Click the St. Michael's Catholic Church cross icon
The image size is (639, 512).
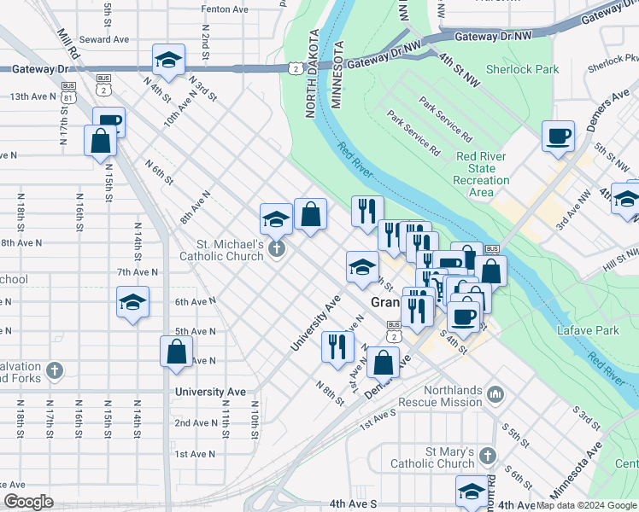(275, 249)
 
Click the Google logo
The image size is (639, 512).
(29, 501)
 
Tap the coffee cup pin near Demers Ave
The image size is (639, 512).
(558, 137)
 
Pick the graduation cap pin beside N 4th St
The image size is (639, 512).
(168, 61)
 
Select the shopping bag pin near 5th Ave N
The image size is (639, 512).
(176, 352)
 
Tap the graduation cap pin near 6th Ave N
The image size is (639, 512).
(132, 304)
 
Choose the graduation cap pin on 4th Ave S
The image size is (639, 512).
(471, 492)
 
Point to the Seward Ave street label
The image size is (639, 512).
(104, 39)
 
